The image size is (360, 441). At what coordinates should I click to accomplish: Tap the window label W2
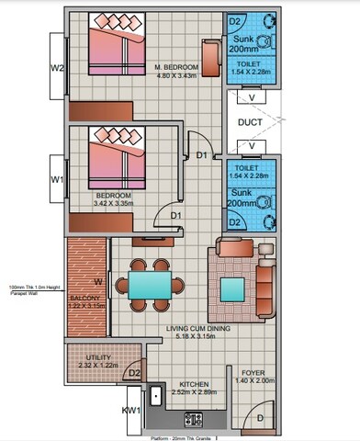(56, 66)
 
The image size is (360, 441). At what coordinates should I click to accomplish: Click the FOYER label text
(253, 374)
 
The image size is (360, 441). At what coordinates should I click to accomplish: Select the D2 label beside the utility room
(134, 373)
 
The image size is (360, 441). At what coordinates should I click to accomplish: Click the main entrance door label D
(262, 418)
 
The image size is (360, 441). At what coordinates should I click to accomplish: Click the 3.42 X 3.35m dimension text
(114, 206)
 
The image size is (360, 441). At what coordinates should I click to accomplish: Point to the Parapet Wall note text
(30, 290)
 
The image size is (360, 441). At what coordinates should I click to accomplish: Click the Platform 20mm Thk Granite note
(185, 437)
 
